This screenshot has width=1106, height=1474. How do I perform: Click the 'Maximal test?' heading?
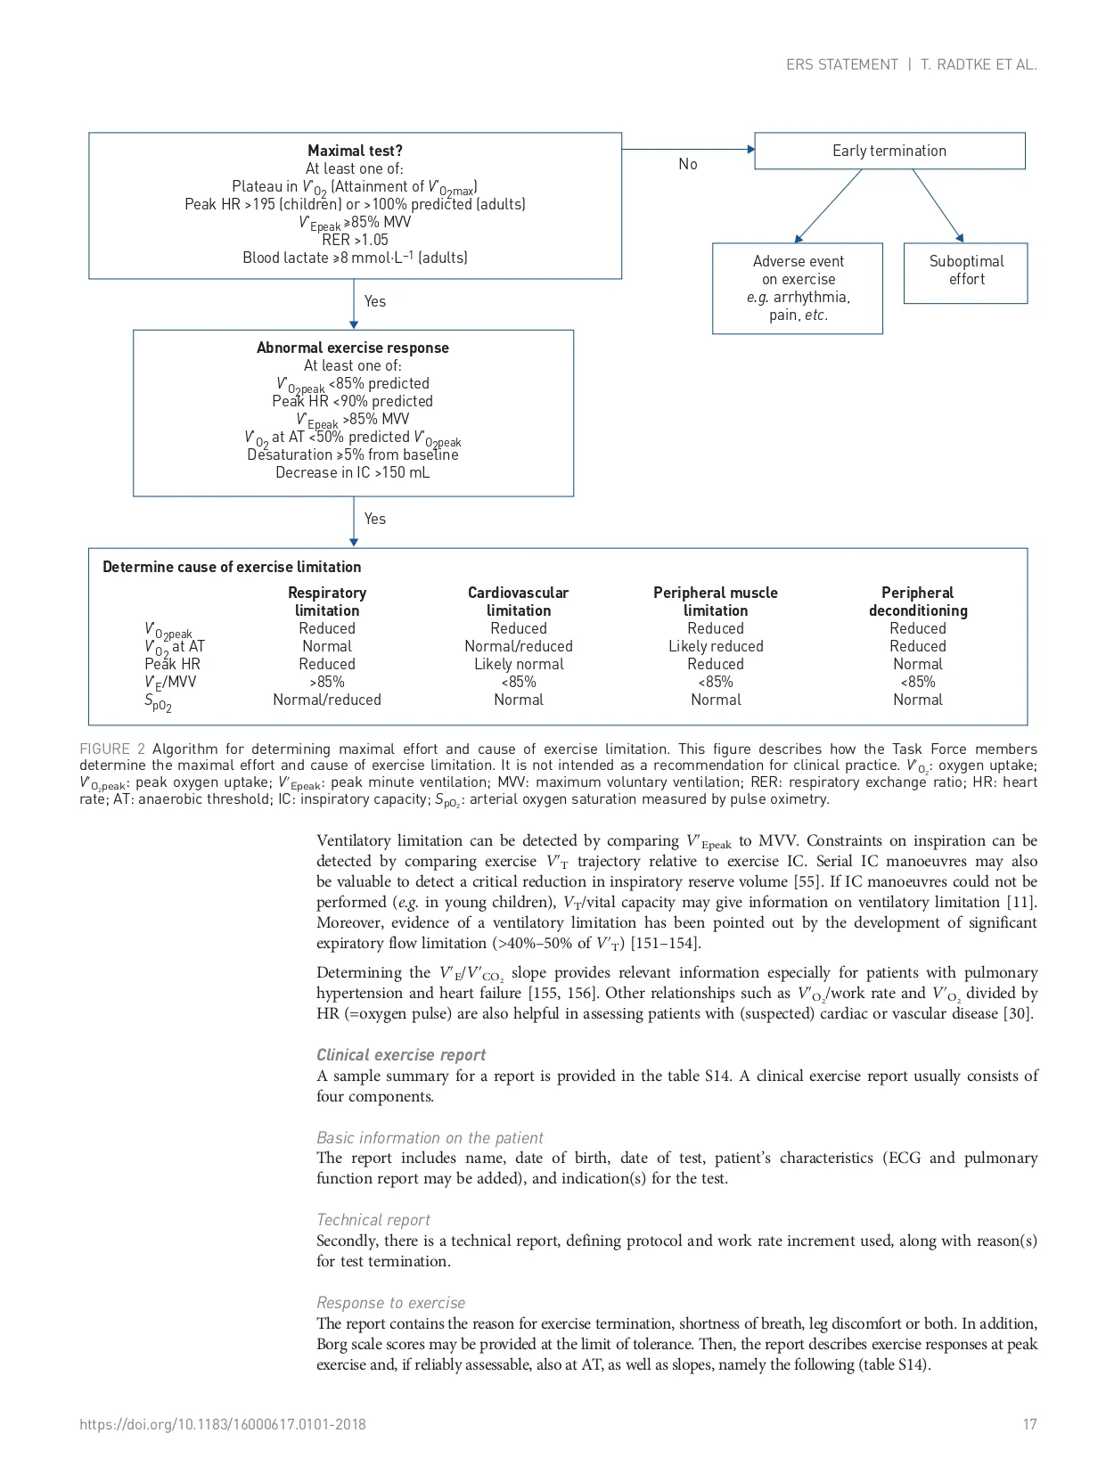pos(355,151)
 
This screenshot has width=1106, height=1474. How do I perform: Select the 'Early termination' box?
pos(889,151)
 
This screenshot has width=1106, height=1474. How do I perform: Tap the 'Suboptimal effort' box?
pos(966,271)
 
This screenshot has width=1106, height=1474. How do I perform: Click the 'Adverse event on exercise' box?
pos(798,288)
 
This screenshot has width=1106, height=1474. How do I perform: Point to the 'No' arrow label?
pos(688,164)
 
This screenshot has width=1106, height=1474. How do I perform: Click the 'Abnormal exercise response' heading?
pos(353,348)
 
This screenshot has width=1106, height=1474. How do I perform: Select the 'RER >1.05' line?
pos(355,240)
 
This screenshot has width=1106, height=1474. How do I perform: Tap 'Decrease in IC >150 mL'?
pos(353,472)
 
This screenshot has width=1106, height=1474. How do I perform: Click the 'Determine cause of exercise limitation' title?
pos(232,567)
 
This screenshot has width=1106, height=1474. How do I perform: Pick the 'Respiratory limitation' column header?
pos(327,602)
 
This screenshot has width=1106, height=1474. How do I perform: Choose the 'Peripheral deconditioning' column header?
pos(918,602)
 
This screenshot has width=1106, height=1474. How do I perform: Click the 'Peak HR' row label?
pos(172,664)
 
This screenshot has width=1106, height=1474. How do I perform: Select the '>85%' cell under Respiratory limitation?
pos(327,682)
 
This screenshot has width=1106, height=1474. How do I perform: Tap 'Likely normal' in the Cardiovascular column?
pos(519,664)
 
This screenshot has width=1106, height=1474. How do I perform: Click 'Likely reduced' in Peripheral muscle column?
pos(716,646)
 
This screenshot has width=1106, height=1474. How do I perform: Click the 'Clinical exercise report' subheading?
pos(401,1055)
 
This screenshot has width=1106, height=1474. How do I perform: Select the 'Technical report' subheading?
pos(373,1220)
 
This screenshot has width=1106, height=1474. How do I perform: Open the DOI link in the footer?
pos(223,1424)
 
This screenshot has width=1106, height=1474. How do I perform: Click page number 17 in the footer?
pos(1029,1424)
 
